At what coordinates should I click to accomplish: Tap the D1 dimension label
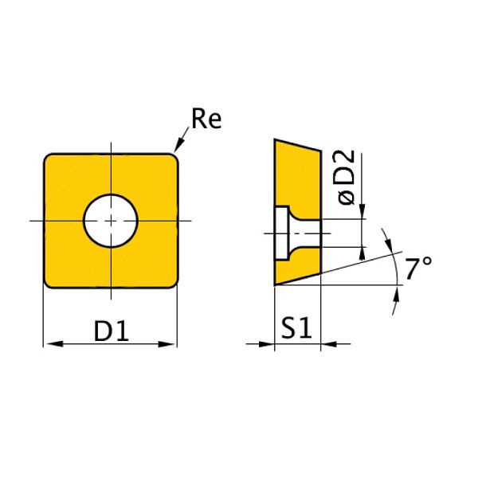112,330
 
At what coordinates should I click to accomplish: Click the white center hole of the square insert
111,219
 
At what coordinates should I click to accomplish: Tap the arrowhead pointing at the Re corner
178,146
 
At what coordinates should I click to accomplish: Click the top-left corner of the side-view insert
276,141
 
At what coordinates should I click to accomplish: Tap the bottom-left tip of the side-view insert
276,284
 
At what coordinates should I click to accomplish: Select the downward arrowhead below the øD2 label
363,212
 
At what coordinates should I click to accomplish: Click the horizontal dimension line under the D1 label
110,344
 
